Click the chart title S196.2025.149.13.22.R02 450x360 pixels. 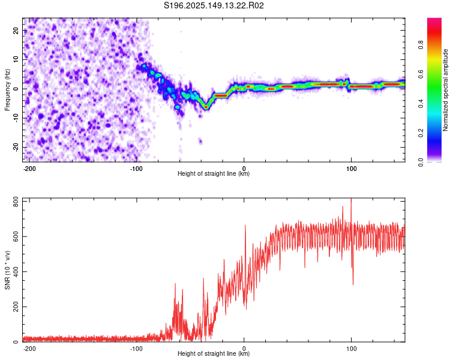click(214, 5)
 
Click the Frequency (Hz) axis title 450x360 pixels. click(7, 90)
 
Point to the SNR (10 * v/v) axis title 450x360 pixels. click(7, 270)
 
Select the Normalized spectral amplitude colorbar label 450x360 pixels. click(445, 90)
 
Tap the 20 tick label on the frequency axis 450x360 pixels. click(16, 31)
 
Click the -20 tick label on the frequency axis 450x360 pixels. click(16, 147)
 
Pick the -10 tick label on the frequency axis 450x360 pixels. click(16, 118)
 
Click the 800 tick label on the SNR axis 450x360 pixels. click(16, 203)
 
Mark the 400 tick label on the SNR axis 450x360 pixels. click(16, 272)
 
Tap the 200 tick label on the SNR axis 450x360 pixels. click(16, 307)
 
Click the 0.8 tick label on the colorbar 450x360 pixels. click(421, 45)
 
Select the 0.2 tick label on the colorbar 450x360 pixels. click(421, 133)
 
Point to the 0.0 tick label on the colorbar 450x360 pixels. click(421, 162)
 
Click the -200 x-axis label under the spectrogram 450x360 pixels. click(29, 169)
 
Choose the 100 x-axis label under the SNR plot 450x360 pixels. click(351, 349)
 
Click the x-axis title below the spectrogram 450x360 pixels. click(214, 173)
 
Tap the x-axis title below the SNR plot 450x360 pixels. click(214, 353)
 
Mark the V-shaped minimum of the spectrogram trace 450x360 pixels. click(206, 107)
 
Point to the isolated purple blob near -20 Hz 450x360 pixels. click(200, 140)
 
